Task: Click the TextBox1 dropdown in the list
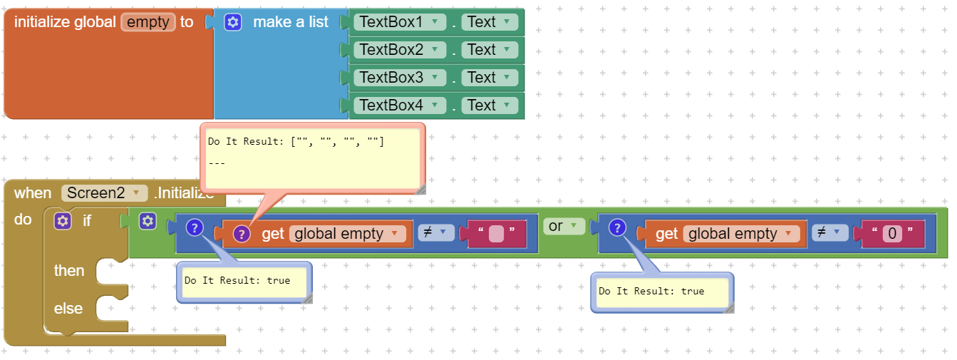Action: coord(400,22)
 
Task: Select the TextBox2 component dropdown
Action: coord(400,50)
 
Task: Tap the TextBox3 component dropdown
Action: coord(400,78)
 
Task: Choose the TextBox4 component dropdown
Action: coord(400,106)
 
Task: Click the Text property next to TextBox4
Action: coord(490,106)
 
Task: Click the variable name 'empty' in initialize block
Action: coord(148,22)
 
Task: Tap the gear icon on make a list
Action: coord(233,22)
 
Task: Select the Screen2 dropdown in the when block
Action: coord(104,192)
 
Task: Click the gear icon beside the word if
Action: coord(63,221)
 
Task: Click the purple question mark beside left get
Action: coord(242,234)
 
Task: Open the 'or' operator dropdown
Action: coord(564,226)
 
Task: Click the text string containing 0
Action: coord(892,233)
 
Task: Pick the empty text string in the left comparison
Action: coord(497,233)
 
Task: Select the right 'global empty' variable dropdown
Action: coord(741,234)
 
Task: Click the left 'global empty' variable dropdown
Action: coord(347,234)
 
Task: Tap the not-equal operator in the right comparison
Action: coord(829,232)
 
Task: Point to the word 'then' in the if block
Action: coord(69,271)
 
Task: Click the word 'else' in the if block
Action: coord(68,308)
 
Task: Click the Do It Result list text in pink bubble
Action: coord(296,142)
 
